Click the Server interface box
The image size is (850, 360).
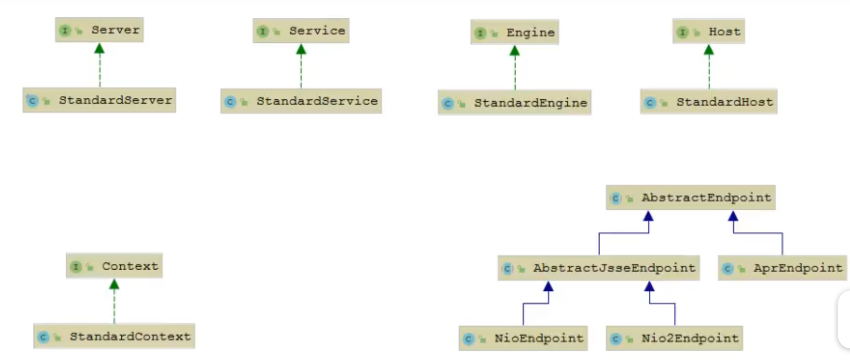point(99,30)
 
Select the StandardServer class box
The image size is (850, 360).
point(99,100)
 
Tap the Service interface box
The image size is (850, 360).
point(301,31)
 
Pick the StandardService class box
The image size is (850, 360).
point(301,101)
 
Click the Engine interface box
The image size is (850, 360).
point(514,32)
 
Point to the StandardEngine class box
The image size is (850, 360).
point(514,103)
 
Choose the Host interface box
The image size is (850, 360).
point(708,32)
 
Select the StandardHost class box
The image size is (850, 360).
point(708,102)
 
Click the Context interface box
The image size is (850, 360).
point(114,266)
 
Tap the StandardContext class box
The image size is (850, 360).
point(114,337)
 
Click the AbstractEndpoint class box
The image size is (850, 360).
point(690,197)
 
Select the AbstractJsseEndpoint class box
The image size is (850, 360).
point(598,268)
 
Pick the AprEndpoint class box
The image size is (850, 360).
point(782,268)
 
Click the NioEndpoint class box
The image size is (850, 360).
point(523,339)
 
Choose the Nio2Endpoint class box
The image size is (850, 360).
point(675,339)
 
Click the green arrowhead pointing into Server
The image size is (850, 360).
point(99,49)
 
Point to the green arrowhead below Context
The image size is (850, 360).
point(114,284)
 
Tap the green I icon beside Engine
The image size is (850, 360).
point(480,33)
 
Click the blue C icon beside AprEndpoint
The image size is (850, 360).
point(728,269)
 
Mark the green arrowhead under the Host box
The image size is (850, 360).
point(709,50)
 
